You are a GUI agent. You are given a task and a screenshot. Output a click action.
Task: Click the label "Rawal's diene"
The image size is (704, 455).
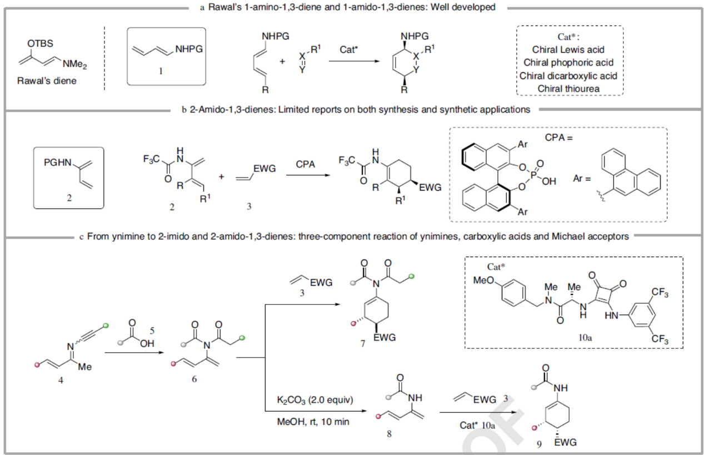click(x=47, y=81)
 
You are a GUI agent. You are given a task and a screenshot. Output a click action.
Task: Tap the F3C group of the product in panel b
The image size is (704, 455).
click(x=348, y=161)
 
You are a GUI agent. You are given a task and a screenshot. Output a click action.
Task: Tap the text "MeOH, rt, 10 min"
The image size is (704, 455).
click(x=313, y=422)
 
